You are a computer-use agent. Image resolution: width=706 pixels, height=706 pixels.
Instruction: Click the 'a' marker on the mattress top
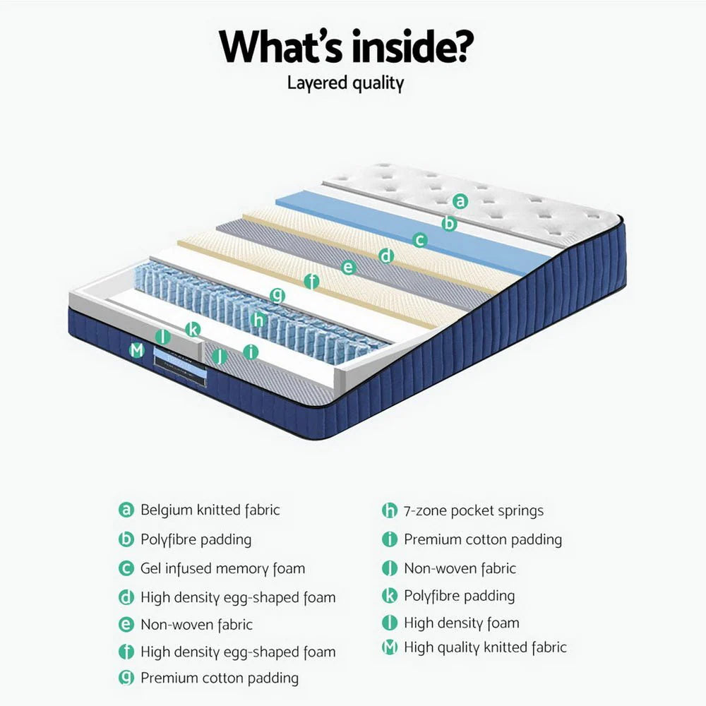point(460,201)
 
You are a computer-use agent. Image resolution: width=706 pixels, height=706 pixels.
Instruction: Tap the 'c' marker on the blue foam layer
point(420,240)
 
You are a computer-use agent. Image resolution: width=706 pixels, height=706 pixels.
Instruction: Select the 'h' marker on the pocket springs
point(258,320)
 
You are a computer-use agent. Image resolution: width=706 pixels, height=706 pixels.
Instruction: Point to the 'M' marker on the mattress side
point(137,349)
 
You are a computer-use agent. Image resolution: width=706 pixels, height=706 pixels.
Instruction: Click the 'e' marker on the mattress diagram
point(347,268)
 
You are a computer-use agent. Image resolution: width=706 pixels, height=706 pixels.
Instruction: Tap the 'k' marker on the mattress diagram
point(193,329)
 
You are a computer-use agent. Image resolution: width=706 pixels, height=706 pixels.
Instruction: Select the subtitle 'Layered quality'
point(345,83)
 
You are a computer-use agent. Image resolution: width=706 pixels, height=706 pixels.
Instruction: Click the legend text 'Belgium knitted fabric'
point(210,510)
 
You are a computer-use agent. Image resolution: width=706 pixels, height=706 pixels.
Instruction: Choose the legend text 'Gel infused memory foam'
point(222,568)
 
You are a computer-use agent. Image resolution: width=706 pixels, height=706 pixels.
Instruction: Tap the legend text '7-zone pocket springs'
point(473,510)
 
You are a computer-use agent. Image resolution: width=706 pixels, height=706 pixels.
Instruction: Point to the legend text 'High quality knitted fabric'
point(484,647)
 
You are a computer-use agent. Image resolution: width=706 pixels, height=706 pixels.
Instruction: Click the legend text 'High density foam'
point(461,623)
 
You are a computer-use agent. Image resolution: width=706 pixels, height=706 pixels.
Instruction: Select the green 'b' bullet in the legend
point(126,540)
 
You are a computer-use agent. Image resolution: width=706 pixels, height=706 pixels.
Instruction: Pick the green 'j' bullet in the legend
point(390,568)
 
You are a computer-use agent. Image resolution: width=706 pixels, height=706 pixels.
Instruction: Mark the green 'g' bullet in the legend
point(126,678)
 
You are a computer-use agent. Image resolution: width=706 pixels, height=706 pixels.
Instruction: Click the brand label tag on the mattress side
point(180,365)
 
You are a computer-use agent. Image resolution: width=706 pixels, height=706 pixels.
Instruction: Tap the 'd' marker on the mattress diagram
point(385,256)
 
